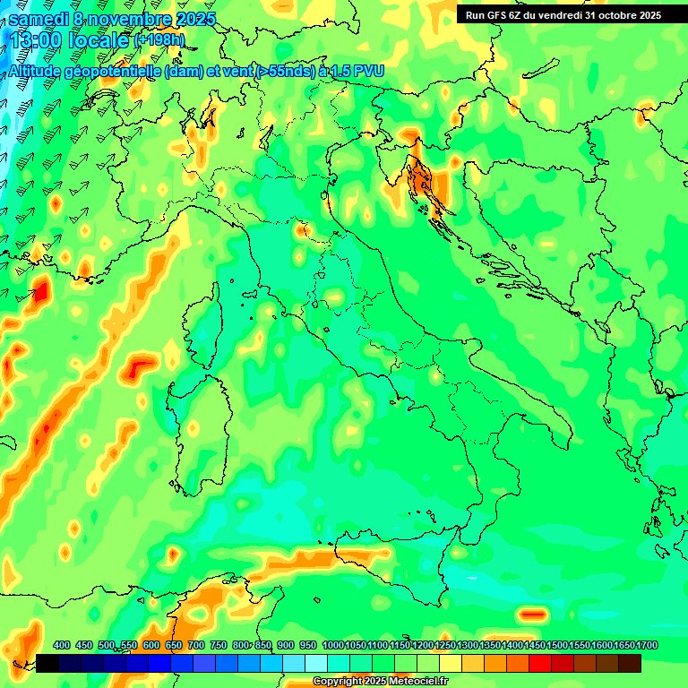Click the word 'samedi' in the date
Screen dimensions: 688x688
tap(37, 19)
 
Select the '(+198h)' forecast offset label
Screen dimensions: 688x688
tap(159, 39)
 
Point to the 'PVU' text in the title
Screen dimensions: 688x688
tap(369, 71)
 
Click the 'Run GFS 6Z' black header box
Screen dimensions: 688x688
tap(562, 14)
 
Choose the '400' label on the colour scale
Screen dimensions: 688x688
tap(62, 645)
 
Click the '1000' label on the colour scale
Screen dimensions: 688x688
tap(333, 645)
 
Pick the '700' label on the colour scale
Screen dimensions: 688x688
tap(196, 645)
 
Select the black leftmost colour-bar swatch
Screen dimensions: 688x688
tap(47, 663)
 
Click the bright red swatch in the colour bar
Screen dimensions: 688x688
tap(540, 663)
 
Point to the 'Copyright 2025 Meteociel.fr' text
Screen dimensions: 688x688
tap(380, 682)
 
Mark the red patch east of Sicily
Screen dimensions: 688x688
tap(533, 615)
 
